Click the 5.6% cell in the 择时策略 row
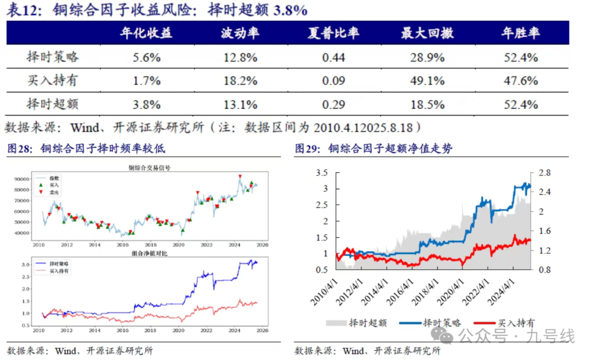[146, 57]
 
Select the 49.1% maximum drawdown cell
[427, 81]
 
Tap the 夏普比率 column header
[333, 33]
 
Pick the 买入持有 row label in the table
[52, 81]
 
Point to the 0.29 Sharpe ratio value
[333, 105]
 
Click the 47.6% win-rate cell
[520, 81]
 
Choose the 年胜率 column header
[520, 33]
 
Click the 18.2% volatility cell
[240, 81]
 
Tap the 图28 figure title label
[86, 149]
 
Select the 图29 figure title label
[374, 149]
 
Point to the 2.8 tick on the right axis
[543, 173]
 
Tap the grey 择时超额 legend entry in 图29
[358, 323]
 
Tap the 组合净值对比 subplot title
[149, 254]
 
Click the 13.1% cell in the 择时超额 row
[240, 105]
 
